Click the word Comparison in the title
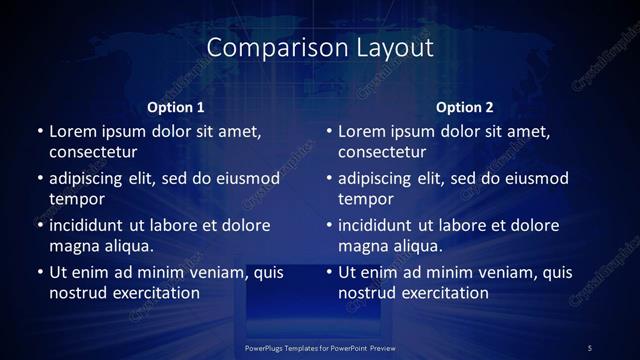coord(267,47)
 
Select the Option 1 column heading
coord(176,107)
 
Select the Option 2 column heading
coord(465,107)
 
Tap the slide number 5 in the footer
coord(590,347)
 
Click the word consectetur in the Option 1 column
coord(93,152)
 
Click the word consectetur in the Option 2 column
coord(382,152)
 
